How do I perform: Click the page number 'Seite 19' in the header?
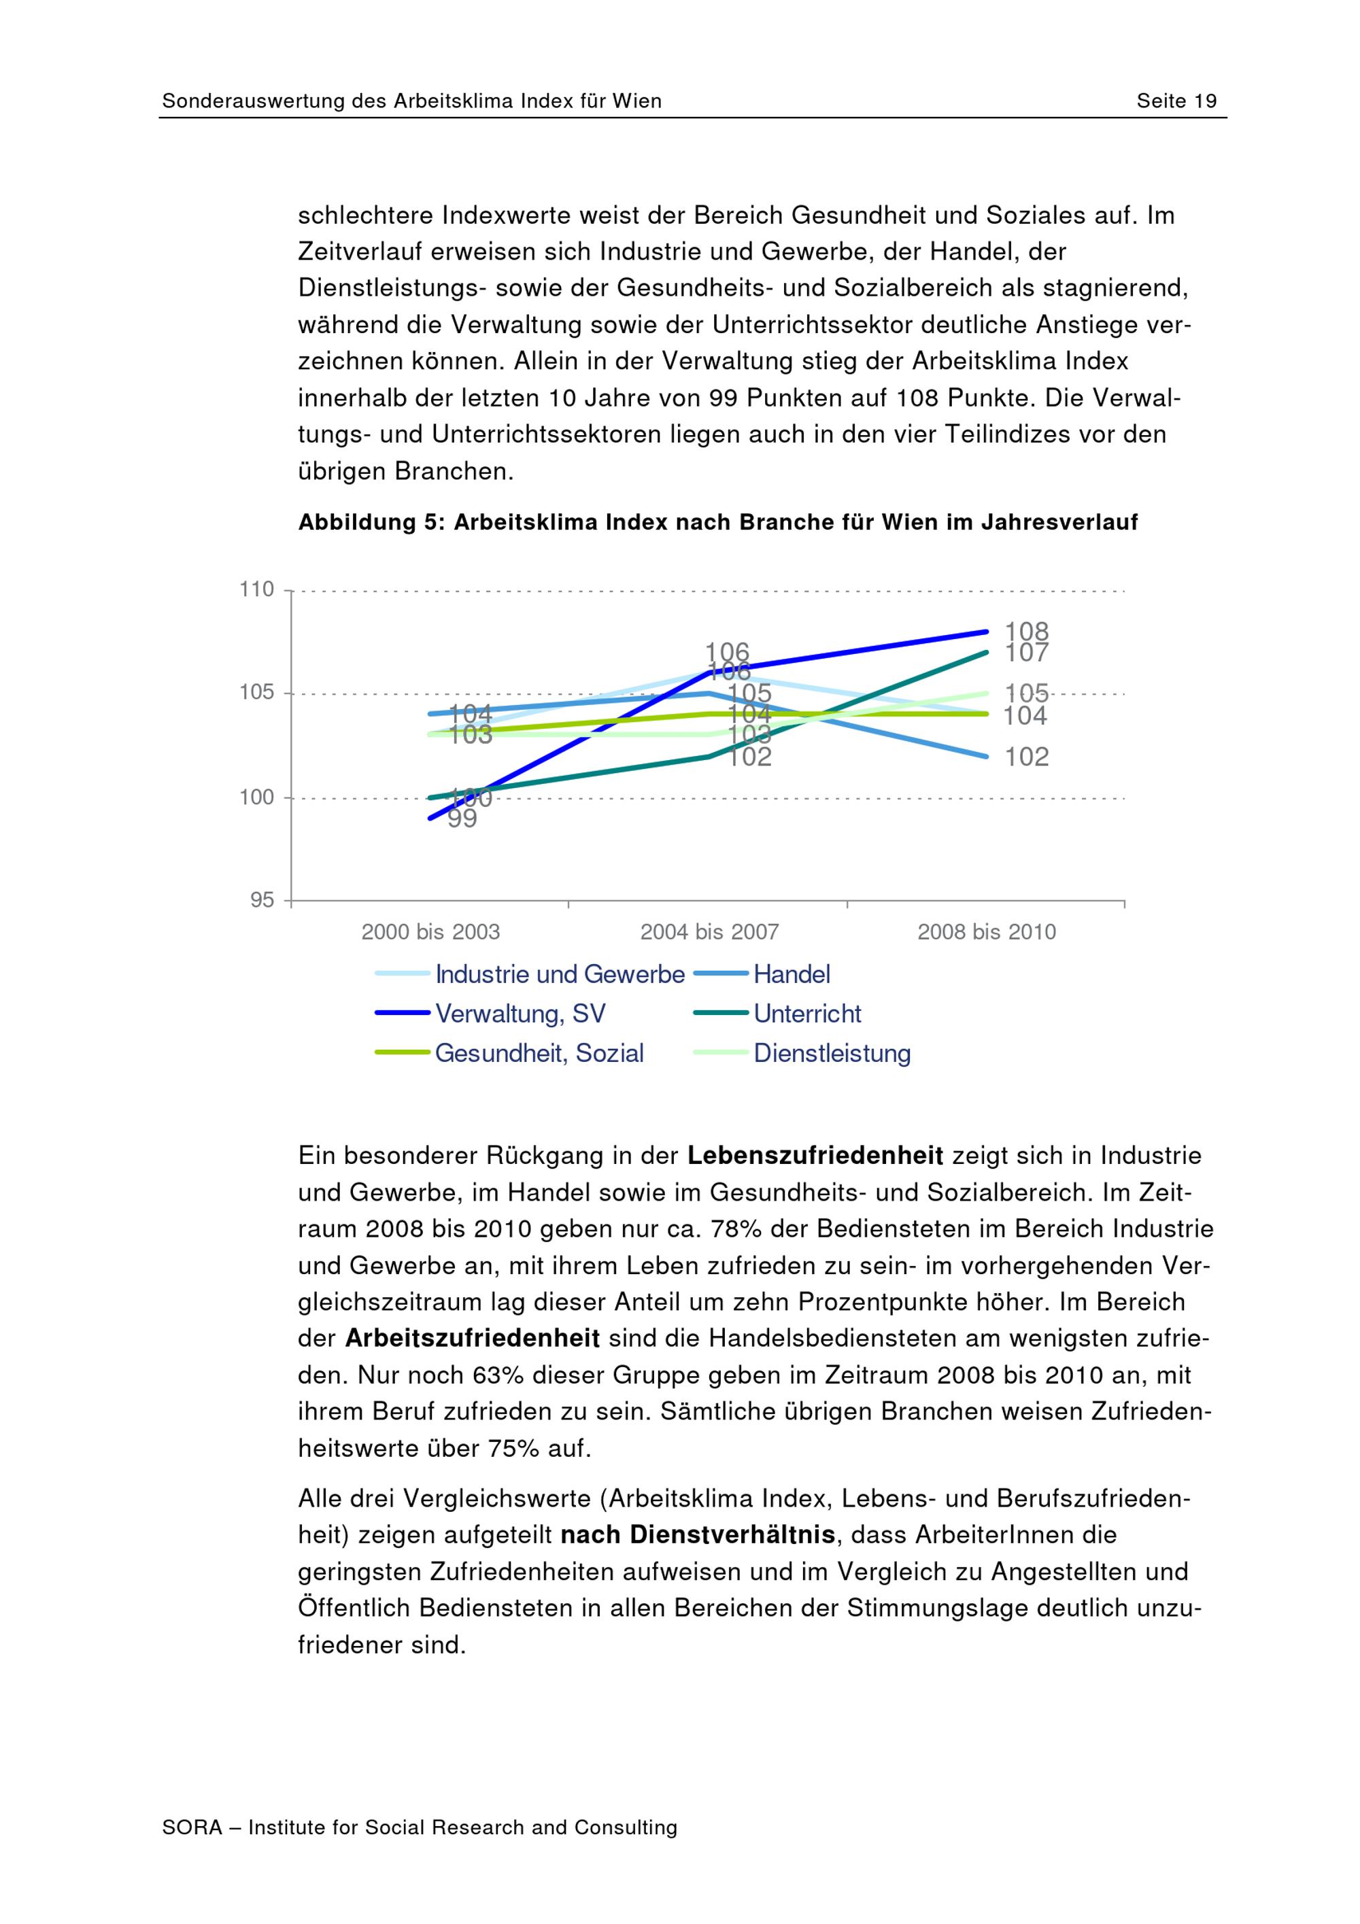tap(1176, 101)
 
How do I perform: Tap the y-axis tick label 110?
tap(256, 589)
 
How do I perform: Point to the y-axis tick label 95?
tap(261, 900)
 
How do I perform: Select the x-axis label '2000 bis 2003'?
tap(430, 932)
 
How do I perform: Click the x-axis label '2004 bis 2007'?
tap(709, 932)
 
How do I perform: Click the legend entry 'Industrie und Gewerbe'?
tap(560, 974)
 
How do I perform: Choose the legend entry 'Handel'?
tap(791, 974)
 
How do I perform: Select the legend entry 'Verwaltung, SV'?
tap(520, 1013)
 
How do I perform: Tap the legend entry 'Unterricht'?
tap(807, 1013)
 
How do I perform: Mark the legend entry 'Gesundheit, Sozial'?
tap(539, 1052)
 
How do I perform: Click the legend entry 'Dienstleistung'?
tap(831, 1052)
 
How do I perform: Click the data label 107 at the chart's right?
tap(1027, 652)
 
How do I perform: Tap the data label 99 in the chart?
tap(462, 819)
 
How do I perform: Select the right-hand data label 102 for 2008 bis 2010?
tap(1027, 757)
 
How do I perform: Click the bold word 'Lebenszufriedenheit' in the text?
tap(815, 1156)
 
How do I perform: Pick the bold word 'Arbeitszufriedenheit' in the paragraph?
tap(472, 1338)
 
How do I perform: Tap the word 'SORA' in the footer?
tap(192, 1827)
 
